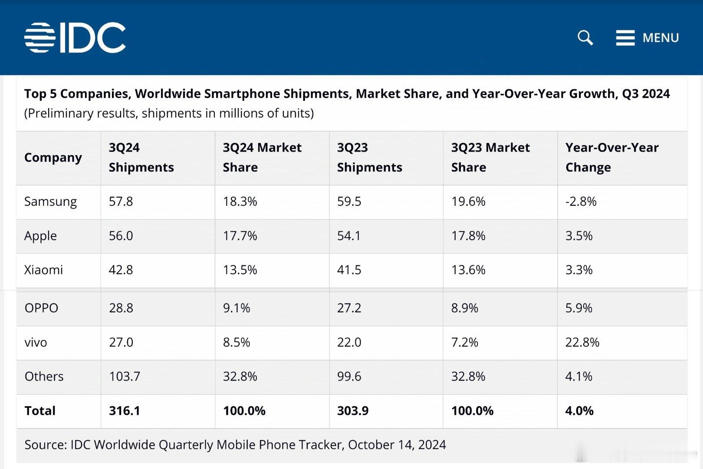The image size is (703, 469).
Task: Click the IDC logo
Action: tap(75, 38)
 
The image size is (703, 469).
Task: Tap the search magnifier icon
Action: tap(585, 38)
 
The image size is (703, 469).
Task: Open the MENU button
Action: tap(647, 38)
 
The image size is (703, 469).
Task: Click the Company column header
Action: tap(53, 157)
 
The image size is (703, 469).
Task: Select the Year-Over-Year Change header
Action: tap(612, 157)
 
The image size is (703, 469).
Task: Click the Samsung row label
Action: tap(50, 201)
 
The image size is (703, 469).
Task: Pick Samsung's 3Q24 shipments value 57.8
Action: tap(121, 201)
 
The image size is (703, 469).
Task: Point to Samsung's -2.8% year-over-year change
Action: tap(581, 201)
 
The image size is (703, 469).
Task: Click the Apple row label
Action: tap(40, 236)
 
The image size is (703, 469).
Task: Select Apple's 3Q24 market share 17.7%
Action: tap(240, 236)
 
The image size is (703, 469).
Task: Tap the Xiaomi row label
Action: tap(43, 270)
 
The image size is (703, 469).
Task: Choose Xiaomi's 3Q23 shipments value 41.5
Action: tap(349, 270)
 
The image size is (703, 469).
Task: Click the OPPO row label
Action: tap(41, 308)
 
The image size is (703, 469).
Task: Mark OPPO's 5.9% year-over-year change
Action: tap(578, 308)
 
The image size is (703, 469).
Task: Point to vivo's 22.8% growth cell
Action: tap(582, 342)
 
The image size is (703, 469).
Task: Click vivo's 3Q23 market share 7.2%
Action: tap(464, 342)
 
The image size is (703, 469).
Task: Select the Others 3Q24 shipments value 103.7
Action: tap(125, 376)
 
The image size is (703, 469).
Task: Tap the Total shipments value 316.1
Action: tap(125, 410)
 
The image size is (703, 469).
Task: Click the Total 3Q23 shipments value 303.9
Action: tap(352, 410)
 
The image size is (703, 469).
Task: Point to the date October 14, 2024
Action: tap(397, 445)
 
